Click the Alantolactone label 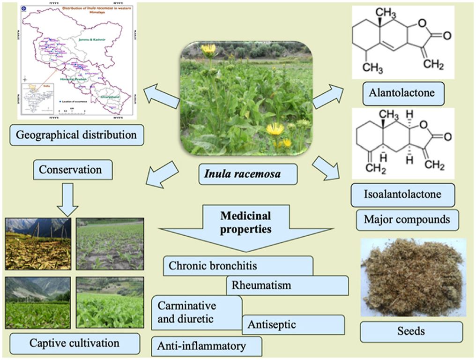pyautogui.click(x=404, y=93)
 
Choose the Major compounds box pyautogui.click(x=407, y=219)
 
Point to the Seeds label pyautogui.click(x=411, y=331)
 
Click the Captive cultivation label pyautogui.click(x=74, y=343)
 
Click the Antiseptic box pyautogui.click(x=293, y=324)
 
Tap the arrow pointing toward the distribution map pyautogui.click(x=161, y=97)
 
